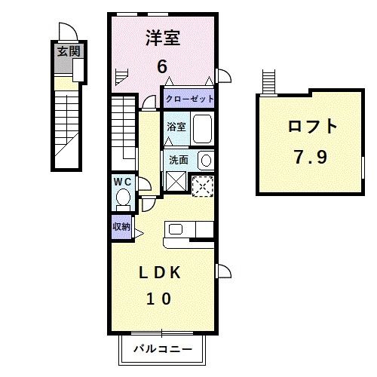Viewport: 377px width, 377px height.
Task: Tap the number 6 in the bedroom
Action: (x=162, y=66)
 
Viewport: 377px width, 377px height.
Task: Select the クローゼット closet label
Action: (x=190, y=99)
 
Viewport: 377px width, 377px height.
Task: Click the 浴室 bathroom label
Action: (x=176, y=127)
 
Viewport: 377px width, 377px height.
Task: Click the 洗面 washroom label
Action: (x=178, y=160)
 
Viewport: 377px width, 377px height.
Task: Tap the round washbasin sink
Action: (x=204, y=159)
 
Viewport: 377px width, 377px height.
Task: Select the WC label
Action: (x=122, y=181)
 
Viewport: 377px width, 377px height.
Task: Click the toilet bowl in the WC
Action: (x=123, y=199)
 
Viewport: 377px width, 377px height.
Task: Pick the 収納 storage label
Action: (x=121, y=226)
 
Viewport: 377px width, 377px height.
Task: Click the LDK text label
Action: (x=164, y=272)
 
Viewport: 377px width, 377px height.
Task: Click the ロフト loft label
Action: (x=311, y=127)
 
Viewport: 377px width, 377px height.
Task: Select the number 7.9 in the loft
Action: (x=311, y=158)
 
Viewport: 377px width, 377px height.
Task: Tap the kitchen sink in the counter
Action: (x=174, y=228)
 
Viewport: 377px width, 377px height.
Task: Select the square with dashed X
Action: (x=201, y=185)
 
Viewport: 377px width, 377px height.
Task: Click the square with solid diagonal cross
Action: (x=176, y=182)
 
